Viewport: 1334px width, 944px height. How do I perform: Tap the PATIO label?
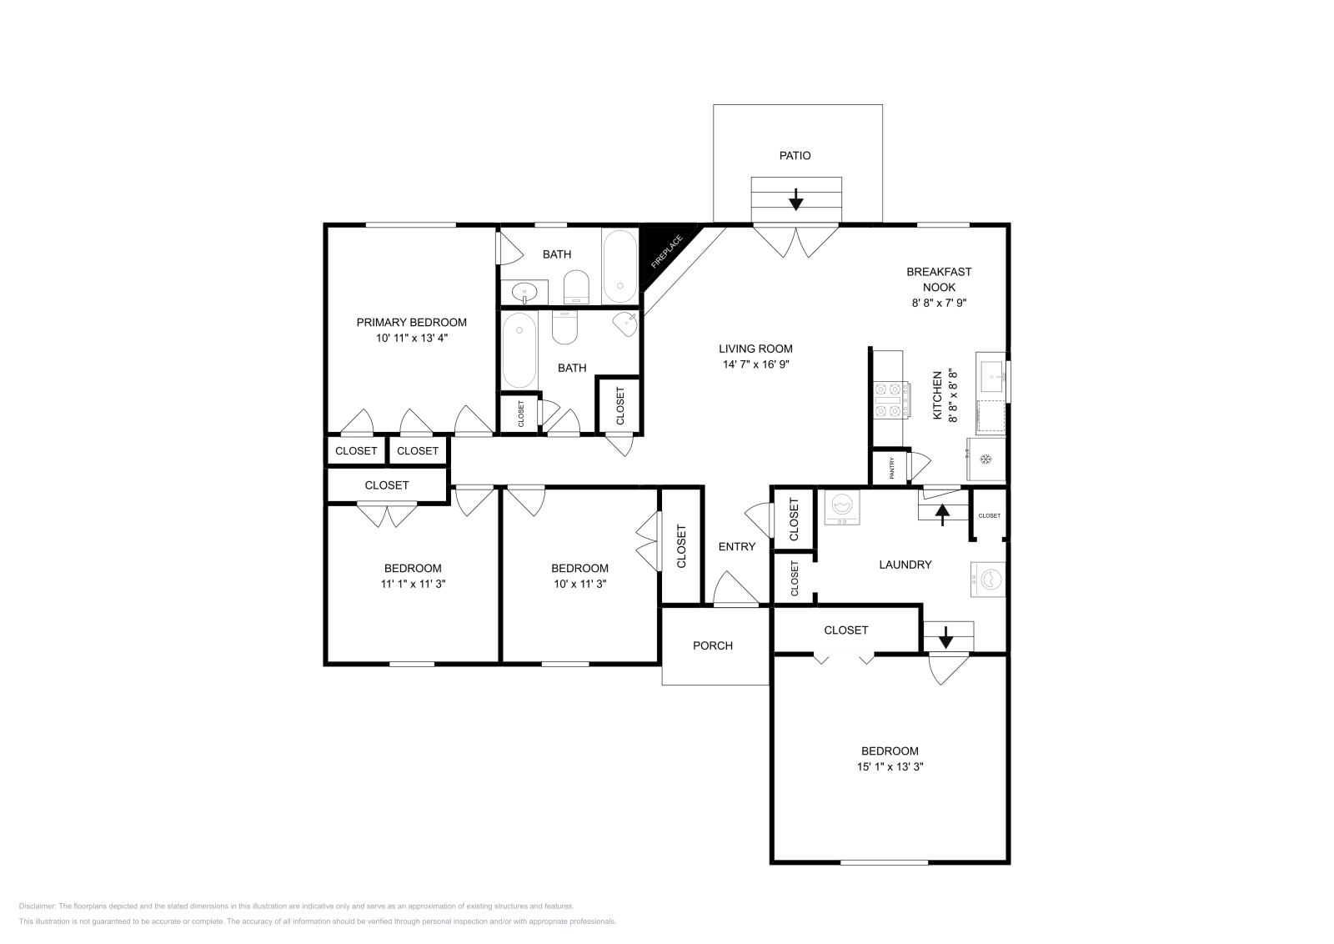pos(795,155)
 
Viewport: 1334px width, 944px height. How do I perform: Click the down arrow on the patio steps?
pos(795,199)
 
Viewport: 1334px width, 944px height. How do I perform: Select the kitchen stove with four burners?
pos(891,399)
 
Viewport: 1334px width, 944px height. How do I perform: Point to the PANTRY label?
pos(891,468)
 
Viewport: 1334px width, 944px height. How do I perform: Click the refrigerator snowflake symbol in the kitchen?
pos(985,459)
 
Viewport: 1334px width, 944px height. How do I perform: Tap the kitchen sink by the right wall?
pos(992,376)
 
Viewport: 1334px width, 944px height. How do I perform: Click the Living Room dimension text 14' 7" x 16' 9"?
pos(755,364)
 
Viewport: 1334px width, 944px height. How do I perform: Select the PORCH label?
pos(713,645)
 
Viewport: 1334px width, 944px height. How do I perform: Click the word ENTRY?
pos(737,547)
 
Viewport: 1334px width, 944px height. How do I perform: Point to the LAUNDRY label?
pos(905,565)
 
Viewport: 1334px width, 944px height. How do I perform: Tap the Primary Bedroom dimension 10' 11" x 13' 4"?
pos(412,339)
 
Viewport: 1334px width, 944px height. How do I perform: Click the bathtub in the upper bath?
pos(620,267)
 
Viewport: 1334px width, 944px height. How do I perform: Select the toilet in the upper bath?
pos(576,287)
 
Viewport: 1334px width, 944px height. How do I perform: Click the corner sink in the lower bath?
pos(626,324)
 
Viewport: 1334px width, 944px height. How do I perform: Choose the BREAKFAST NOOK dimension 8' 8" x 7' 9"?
pos(939,303)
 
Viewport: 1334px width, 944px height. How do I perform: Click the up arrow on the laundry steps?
pos(942,515)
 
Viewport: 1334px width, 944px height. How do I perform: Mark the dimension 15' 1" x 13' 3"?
pos(890,766)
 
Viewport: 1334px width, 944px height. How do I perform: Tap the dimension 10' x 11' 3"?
pos(580,584)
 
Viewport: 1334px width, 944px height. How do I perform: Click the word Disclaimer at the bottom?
pos(37,906)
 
